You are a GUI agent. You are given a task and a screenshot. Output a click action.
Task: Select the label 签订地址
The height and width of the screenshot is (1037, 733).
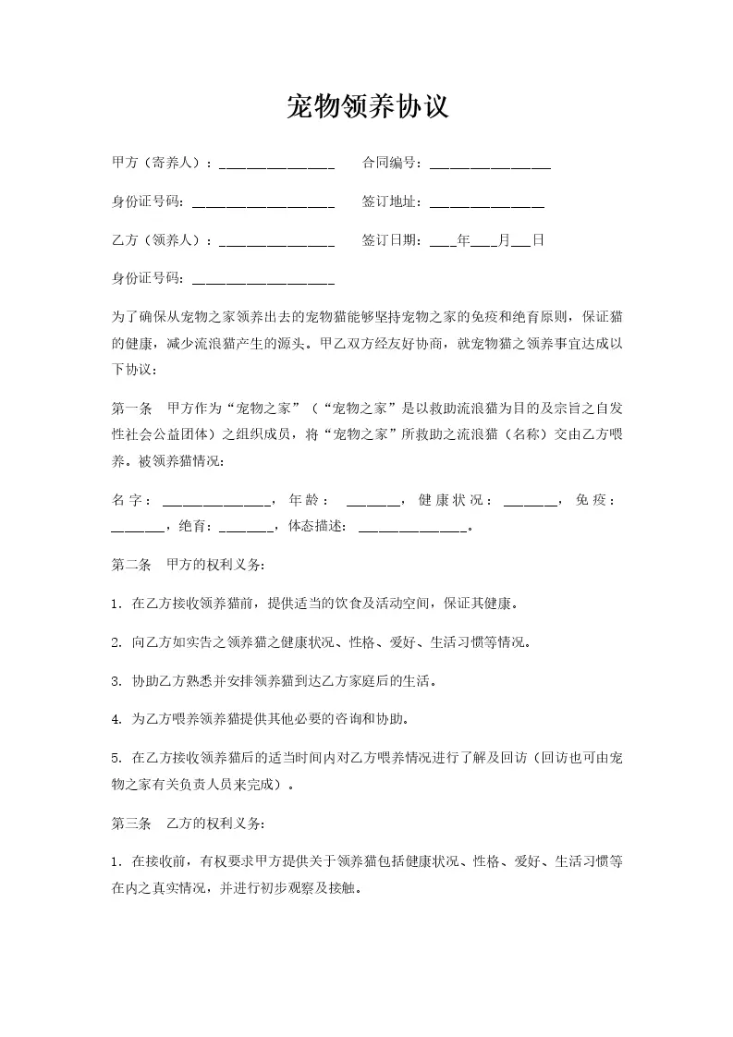tap(392, 201)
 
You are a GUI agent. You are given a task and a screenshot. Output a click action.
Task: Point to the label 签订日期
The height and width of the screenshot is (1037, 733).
tap(392, 240)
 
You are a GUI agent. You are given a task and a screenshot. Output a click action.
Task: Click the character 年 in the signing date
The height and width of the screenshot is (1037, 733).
tap(464, 240)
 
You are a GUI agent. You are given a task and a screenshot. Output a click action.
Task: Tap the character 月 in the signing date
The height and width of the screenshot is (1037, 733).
tap(504, 240)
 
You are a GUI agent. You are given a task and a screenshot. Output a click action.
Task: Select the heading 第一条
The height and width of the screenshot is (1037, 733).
tap(130, 408)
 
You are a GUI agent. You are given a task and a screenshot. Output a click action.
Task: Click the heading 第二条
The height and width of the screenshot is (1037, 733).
tap(130, 564)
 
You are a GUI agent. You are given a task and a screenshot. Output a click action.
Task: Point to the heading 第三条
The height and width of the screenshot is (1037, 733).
tap(130, 823)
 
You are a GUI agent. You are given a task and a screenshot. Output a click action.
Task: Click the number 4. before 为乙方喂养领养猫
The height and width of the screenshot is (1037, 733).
tap(116, 718)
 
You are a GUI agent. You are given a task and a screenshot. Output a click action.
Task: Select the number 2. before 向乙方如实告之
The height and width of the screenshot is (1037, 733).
tap(116, 642)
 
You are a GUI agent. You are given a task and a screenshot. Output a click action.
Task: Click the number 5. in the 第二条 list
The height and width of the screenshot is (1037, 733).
tap(116, 758)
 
